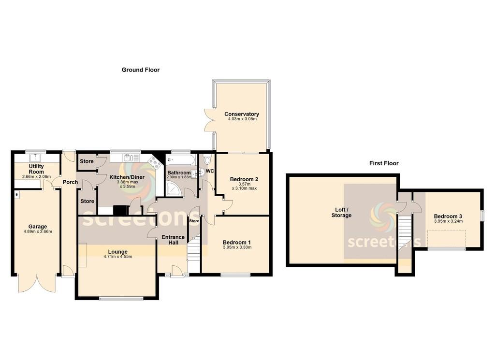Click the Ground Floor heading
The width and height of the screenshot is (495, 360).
141,70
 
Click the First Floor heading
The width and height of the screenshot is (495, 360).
384,163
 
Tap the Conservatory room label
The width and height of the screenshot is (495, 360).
242,114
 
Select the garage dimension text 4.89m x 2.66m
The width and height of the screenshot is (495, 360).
38,231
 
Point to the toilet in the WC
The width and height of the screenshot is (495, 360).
207,160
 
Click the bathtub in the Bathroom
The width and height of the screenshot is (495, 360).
181,159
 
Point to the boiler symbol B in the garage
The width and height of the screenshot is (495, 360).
17,195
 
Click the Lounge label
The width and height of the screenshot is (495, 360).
118,251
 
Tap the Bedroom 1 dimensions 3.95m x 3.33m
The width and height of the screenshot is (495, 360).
237,247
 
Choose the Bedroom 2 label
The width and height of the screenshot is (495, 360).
244,179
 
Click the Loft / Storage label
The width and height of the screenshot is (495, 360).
342,212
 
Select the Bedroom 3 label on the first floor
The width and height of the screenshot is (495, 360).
448,216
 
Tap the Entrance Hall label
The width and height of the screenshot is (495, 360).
173,240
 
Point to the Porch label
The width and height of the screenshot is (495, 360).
70,182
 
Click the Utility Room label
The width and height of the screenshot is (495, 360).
36,169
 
